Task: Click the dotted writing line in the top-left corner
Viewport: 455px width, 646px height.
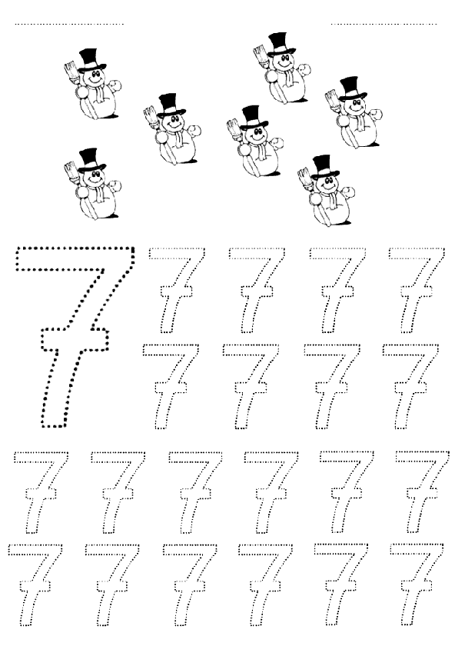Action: point(69,24)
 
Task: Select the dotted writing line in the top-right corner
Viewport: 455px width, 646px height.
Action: point(384,24)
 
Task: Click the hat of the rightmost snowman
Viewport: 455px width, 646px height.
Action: point(353,88)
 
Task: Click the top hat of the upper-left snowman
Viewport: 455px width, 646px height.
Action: point(92,59)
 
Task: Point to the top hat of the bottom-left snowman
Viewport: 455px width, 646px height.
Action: point(91,159)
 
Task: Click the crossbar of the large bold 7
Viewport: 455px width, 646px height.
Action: point(75,339)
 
